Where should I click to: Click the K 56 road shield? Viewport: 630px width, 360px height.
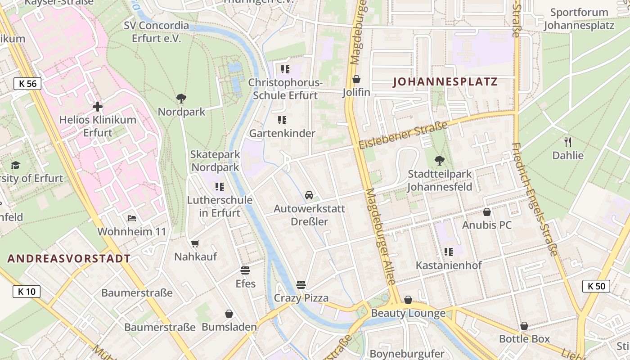click(27, 83)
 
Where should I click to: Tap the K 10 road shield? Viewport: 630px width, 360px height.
click(27, 292)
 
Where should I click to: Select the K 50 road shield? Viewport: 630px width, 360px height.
click(596, 286)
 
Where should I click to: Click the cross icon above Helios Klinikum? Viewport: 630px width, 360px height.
click(98, 107)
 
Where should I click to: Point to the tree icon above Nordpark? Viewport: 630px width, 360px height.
click(181, 98)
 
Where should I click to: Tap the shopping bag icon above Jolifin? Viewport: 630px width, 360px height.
click(356, 79)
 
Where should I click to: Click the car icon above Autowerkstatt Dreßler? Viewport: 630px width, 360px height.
click(309, 195)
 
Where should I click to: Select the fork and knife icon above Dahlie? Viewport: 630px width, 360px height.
click(568, 142)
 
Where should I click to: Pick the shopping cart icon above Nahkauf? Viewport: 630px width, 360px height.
click(195, 243)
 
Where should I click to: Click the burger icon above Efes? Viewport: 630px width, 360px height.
click(245, 270)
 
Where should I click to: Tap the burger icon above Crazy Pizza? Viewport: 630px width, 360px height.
click(301, 284)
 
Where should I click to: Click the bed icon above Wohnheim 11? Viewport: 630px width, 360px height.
click(131, 218)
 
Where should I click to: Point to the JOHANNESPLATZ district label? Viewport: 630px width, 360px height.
click(445, 82)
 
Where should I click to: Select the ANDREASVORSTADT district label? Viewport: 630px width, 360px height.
click(69, 259)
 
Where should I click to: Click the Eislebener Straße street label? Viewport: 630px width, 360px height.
click(404, 135)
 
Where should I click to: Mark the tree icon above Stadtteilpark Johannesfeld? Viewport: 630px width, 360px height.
click(439, 160)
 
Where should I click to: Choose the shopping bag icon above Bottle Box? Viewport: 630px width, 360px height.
click(524, 326)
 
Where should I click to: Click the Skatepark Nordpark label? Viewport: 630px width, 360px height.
click(215, 161)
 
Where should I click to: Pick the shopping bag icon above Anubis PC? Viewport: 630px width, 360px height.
click(486, 211)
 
